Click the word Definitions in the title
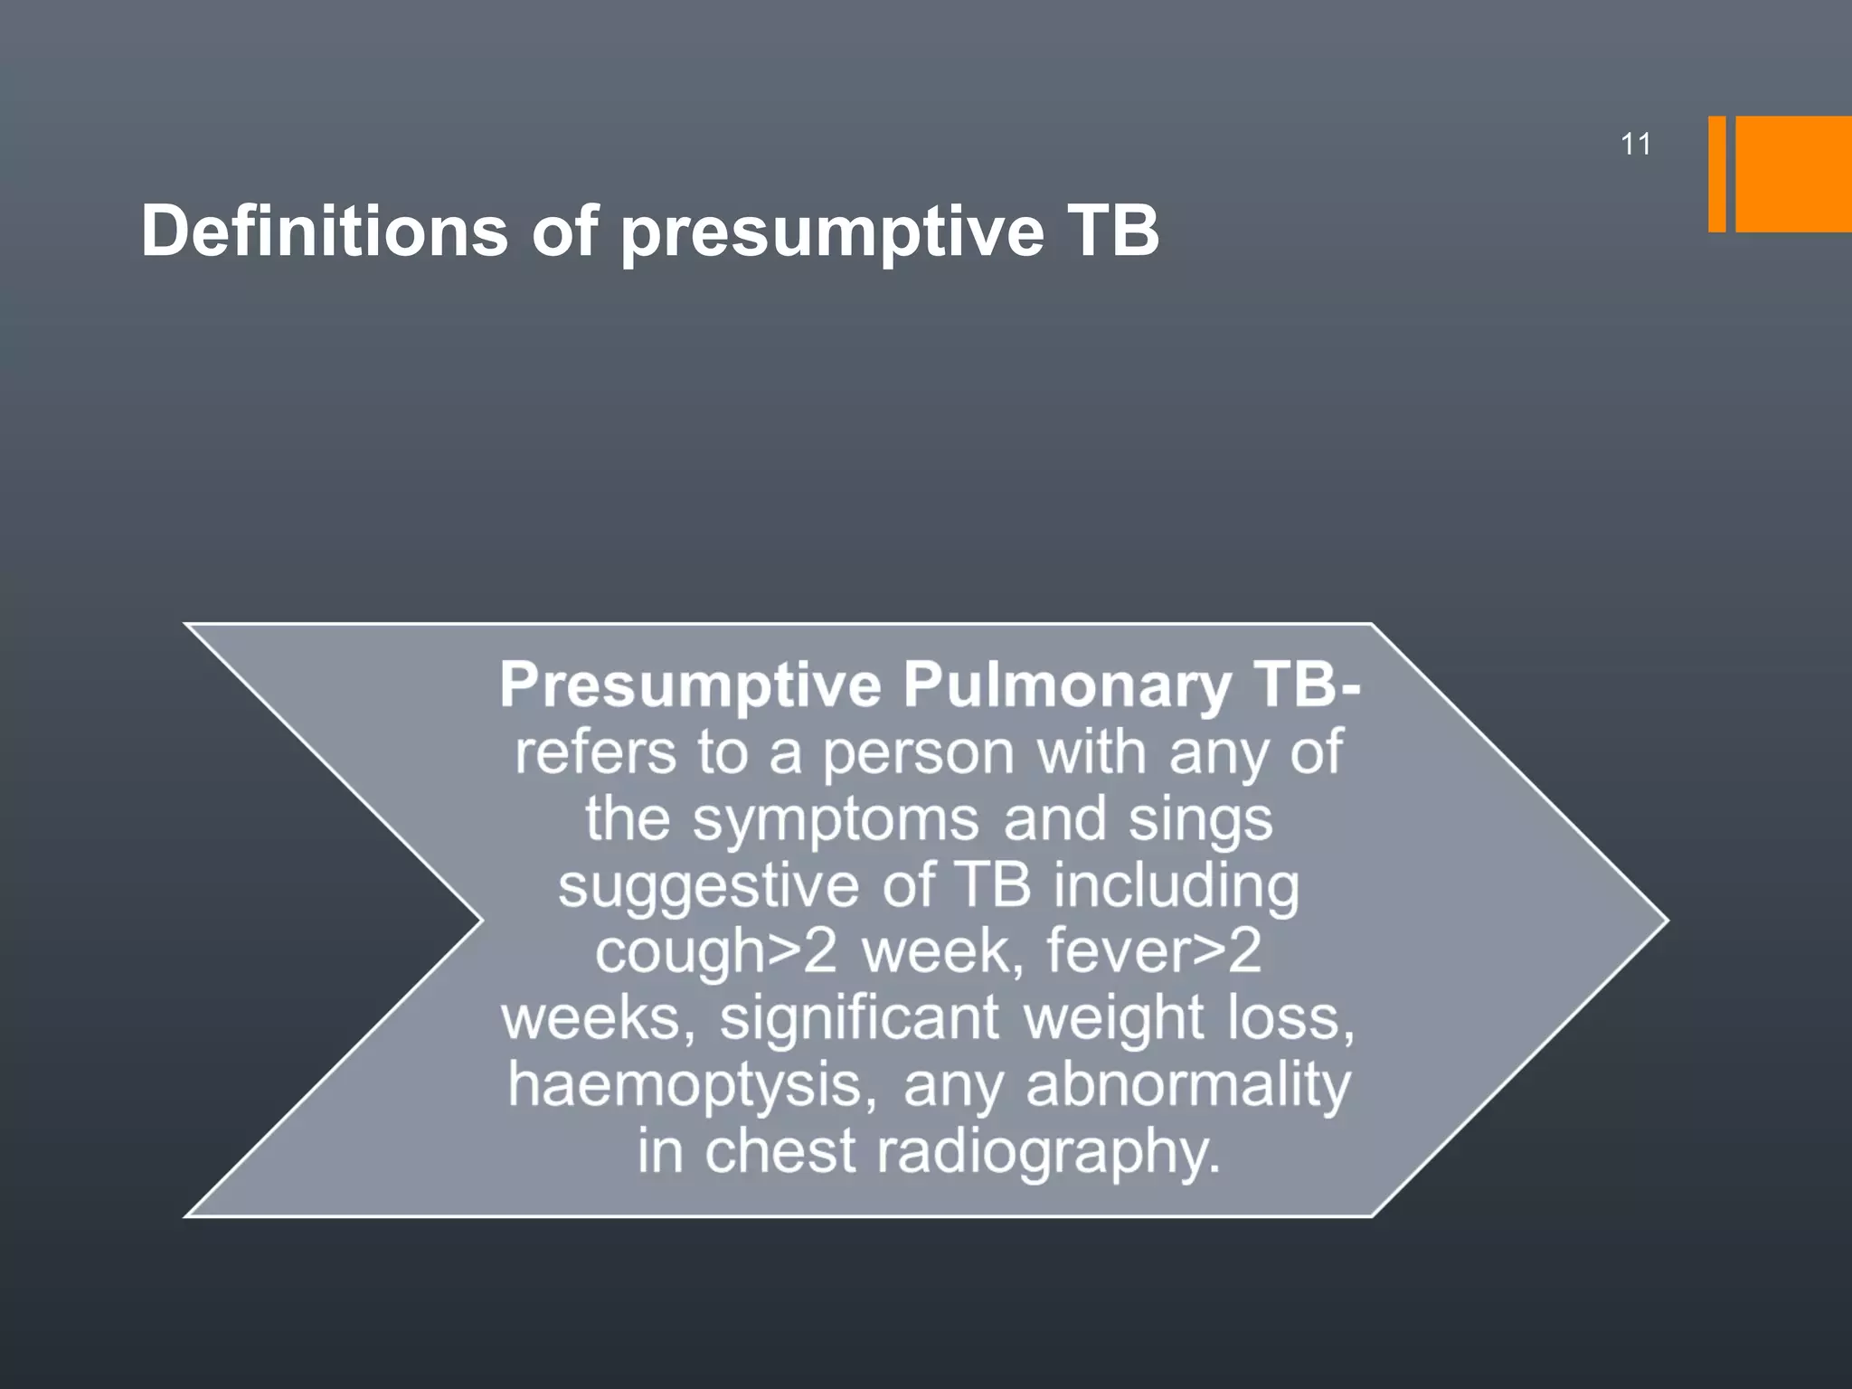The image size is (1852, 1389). point(324,231)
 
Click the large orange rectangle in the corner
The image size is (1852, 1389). point(1793,174)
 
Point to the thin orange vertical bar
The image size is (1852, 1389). point(1716,174)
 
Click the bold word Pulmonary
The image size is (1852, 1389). point(1067,685)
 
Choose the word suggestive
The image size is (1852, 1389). point(708,886)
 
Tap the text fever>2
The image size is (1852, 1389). point(1153,951)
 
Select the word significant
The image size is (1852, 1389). point(859,1017)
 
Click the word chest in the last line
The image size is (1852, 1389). point(780,1151)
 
